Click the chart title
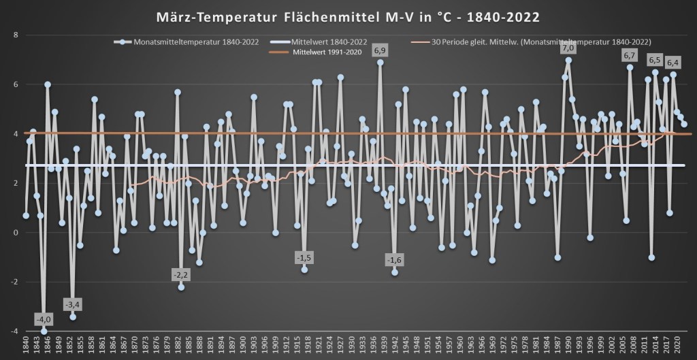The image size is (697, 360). [x=348, y=14]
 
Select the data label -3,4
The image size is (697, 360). [x=73, y=304]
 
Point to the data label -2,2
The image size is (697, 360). [x=181, y=274]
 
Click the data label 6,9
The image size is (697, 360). [x=380, y=50]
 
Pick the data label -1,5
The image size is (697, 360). [x=304, y=257]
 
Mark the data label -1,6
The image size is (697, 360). [x=394, y=259]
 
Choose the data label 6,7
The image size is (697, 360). [x=630, y=55]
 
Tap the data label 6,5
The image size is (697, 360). [x=655, y=60]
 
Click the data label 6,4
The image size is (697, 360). [x=673, y=63]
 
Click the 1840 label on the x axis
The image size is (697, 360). [x=26, y=346]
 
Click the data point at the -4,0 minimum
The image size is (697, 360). [x=44, y=331]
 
